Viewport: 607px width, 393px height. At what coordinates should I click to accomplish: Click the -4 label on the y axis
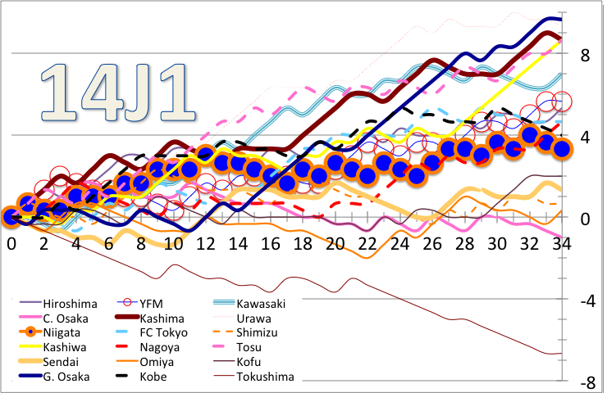coord(586,301)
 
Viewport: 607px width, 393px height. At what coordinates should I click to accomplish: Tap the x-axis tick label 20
coord(335,243)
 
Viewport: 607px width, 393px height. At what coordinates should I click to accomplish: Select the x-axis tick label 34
coord(562,243)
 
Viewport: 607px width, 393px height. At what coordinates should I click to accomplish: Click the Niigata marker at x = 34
coord(563,148)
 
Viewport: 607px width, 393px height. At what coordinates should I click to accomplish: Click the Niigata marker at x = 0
coord(11,217)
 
